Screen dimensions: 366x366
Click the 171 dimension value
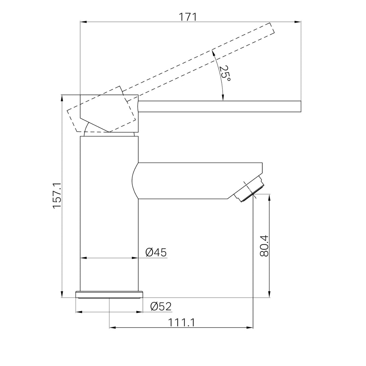click(x=188, y=17)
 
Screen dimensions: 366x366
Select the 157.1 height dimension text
click(x=57, y=196)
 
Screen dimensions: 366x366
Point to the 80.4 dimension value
click(x=264, y=246)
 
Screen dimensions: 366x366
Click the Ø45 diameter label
click(x=156, y=252)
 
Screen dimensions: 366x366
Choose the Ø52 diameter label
click(x=161, y=306)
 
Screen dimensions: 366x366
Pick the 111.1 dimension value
click(x=181, y=323)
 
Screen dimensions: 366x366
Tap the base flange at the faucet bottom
click(x=109, y=295)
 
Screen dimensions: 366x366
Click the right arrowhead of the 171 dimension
click(x=298, y=22)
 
